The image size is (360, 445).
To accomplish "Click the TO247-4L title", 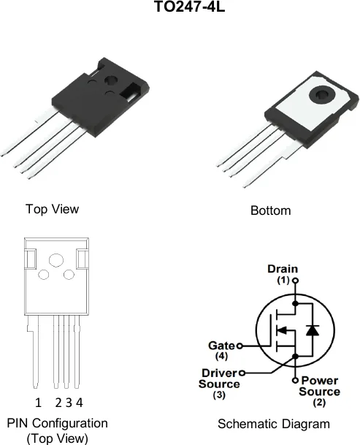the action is [190, 7].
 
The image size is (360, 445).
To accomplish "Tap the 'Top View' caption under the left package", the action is [52, 209].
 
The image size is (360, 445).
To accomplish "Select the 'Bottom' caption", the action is [271, 210].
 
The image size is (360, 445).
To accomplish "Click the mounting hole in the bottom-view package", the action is [322, 95].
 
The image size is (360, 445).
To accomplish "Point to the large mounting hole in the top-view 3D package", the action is [111, 80].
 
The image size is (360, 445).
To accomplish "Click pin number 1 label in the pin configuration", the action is [38, 403].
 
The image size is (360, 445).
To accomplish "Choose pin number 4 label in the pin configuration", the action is [80, 403].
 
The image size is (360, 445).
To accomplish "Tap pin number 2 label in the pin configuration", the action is [58, 403].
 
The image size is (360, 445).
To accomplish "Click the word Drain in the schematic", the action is [283, 269].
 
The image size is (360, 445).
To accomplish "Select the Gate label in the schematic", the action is [221, 346].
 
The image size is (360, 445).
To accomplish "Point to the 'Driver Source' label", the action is [219, 379].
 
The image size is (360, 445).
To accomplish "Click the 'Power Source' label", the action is [319, 386].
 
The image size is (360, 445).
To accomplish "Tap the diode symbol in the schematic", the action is [313, 330].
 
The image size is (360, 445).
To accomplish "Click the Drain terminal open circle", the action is [295, 281].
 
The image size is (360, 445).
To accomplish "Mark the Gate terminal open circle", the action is [240, 346].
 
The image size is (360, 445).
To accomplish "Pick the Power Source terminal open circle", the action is [295, 380].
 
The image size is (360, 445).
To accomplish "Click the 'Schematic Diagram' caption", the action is [274, 424].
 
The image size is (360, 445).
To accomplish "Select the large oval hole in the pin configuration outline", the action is [56, 260].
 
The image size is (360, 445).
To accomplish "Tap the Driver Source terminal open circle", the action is [242, 373].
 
